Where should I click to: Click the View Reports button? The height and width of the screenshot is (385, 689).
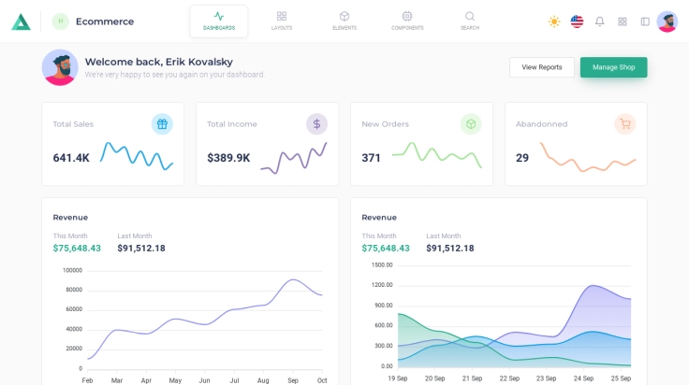(542, 67)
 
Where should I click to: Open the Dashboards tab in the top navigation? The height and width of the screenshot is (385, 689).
(219, 21)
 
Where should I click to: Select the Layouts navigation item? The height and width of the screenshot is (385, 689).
(282, 21)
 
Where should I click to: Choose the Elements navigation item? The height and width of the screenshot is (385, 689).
(344, 21)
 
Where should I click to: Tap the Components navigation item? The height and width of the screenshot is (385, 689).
(407, 21)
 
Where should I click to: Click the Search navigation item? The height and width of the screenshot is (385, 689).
(470, 21)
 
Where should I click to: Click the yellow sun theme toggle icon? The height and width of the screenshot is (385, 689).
(554, 21)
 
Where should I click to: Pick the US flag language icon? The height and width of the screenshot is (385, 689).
(577, 21)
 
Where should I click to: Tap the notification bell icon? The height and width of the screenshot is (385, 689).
(599, 21)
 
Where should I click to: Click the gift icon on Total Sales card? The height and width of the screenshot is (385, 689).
(162, 123)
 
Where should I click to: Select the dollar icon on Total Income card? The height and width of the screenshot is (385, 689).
(316, 123)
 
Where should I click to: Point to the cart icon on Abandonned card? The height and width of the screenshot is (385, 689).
(625, 123)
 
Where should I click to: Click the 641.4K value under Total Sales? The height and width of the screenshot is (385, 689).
(71, 158)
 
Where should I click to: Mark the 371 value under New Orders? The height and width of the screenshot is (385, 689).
(372, 158)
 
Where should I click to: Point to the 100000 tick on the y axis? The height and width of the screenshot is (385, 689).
(72, 270)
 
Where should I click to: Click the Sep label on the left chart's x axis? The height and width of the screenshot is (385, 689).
(293, 380)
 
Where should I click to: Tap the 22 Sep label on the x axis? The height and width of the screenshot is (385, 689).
(509, 378)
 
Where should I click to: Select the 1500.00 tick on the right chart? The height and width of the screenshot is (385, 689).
(382, 264)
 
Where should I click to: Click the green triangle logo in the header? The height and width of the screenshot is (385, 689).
(21, 21)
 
